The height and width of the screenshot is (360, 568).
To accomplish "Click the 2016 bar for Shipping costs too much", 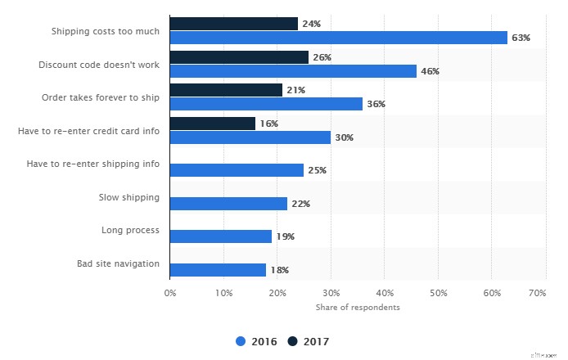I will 338,38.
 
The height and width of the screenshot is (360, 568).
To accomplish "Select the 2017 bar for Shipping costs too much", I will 233,24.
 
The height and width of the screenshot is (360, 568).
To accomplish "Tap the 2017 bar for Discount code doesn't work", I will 239,57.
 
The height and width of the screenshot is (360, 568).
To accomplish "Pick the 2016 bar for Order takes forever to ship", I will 266,104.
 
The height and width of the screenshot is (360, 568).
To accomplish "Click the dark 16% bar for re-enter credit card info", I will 212,124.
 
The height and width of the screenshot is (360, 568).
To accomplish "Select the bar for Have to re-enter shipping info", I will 237,170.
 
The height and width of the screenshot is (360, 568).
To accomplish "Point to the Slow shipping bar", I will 228,203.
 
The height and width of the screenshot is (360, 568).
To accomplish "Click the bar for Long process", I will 220,236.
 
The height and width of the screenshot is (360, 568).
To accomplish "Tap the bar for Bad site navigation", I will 218,270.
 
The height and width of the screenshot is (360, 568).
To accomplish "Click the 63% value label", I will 521,38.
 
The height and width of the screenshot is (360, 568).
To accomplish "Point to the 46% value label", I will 430,71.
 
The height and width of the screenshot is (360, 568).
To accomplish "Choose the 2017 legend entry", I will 310,340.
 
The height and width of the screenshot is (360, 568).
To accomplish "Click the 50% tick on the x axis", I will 438,292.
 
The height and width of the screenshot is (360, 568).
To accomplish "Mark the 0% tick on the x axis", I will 170,292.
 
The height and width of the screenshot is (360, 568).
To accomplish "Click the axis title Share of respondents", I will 358,307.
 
